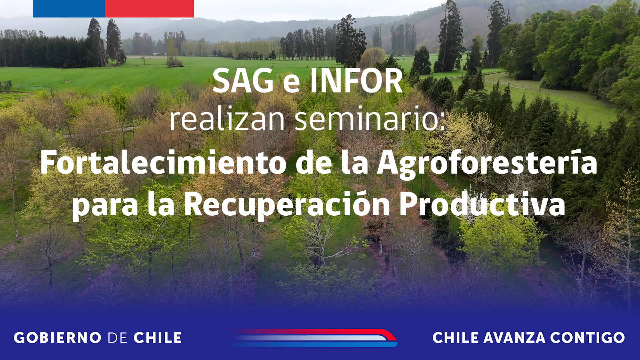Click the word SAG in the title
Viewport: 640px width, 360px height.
243,81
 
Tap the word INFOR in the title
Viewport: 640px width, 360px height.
356,81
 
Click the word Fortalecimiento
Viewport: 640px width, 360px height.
163,162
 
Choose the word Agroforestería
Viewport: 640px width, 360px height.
487,163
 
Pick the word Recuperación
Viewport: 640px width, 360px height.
287,204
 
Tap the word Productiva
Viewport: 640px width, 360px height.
482,204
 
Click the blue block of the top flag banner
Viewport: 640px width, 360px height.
69,9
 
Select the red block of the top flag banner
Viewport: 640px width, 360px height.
149,9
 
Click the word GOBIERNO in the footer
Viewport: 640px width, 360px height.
58,338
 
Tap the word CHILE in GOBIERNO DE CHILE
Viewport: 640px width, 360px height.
158,338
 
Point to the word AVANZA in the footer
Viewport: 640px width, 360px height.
514,338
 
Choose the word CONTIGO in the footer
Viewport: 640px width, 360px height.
587,338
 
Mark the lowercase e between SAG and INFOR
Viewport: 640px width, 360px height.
291,85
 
